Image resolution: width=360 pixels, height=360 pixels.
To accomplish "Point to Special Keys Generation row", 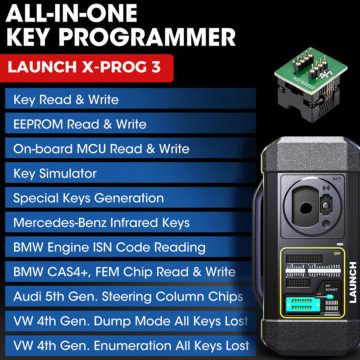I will (x=90, y=198).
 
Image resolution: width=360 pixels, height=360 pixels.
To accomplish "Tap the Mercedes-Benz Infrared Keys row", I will (x=110, y=222).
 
